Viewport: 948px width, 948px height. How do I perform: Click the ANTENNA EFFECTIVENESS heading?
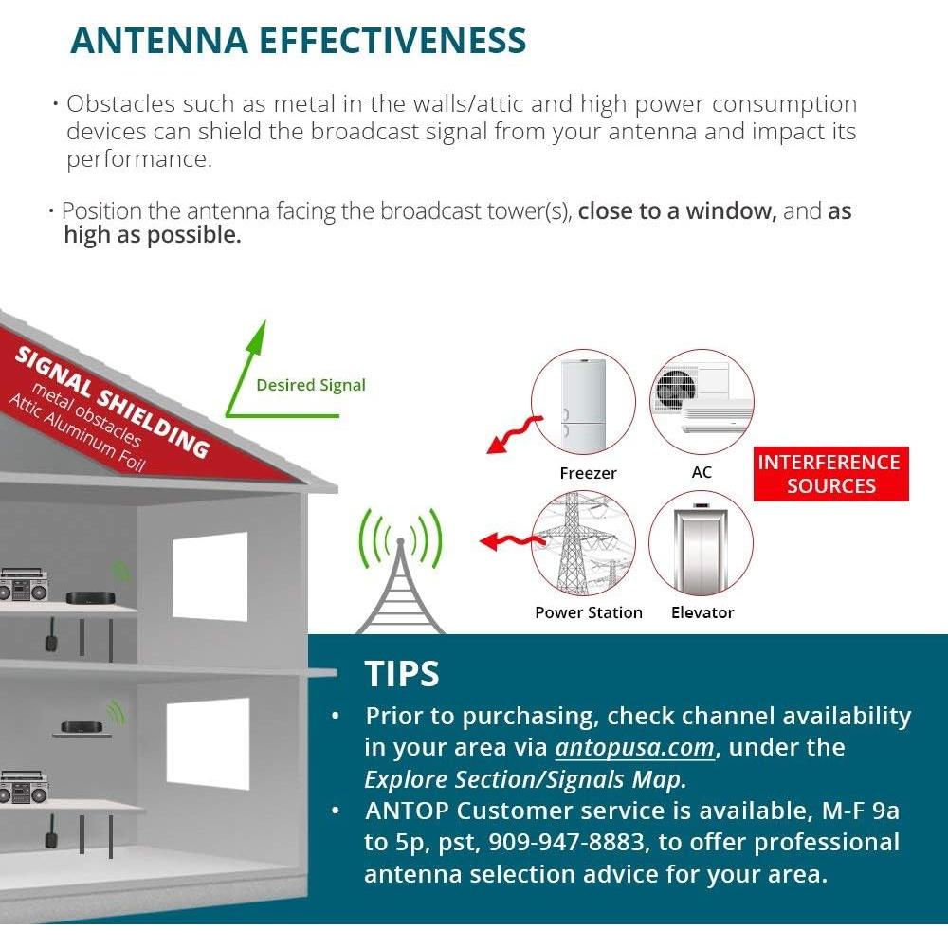[x=298, y=41]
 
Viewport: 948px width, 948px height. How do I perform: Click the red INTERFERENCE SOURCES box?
[x=829, y=474]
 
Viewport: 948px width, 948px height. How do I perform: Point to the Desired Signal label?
[x=310, y=385]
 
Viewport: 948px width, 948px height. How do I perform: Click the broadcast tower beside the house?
[x=399, y=578]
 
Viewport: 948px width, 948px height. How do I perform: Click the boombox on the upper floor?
[x=24, y=585]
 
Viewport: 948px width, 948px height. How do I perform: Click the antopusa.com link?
[x=634, y=748]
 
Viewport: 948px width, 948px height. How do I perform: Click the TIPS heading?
[x=402, y=674]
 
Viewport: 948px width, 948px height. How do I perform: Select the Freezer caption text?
[x=588, y=472]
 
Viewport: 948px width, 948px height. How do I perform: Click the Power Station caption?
[x=588, y=612]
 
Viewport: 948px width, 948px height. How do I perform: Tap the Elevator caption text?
[x=702, y=612]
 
